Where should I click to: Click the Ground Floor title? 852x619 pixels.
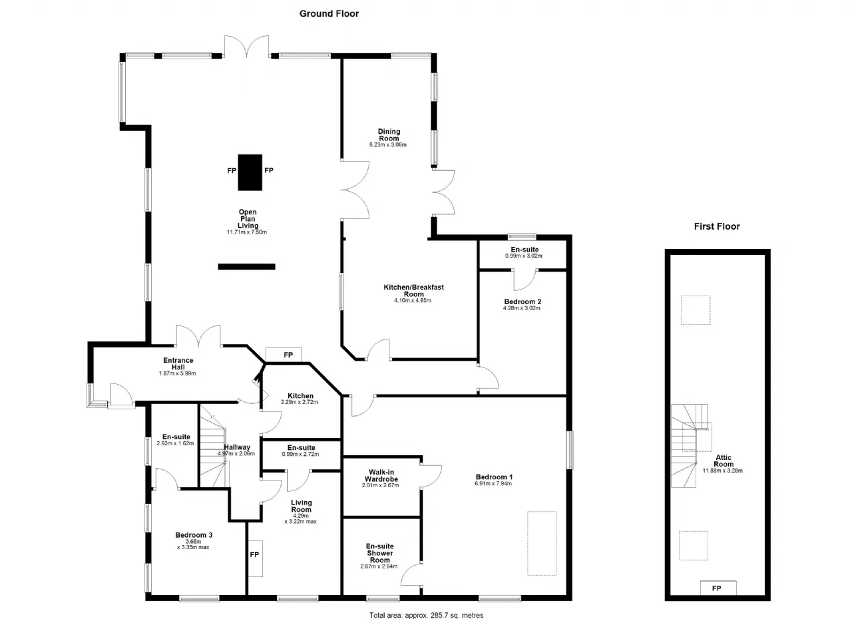[329, 14]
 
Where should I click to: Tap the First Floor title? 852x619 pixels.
[717, 226]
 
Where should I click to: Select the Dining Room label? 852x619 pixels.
[389, 135]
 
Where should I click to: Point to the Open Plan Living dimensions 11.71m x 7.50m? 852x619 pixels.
[247, 232]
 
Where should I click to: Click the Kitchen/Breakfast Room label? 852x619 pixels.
[413, 290]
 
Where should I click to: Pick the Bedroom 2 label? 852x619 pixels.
[523, 302]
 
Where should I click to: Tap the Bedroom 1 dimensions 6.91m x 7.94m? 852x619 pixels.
[493, 484]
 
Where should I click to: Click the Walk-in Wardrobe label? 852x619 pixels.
[381, 476]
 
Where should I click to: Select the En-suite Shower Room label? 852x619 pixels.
[379, 553]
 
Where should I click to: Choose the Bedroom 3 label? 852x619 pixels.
[194, 535]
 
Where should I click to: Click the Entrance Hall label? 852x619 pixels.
[178, 363]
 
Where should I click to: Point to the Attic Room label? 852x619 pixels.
[723, 461]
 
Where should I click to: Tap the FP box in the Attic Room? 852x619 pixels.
[718, 588]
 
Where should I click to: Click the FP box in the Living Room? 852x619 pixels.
[255, 558]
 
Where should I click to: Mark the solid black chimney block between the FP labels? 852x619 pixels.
[250, 172]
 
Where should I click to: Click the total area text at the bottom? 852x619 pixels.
[426, 615]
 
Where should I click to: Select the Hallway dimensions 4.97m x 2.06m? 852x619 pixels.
[236, 454]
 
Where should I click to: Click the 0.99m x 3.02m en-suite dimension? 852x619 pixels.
[524, 256]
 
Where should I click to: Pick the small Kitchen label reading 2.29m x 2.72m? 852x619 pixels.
[300, 402]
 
